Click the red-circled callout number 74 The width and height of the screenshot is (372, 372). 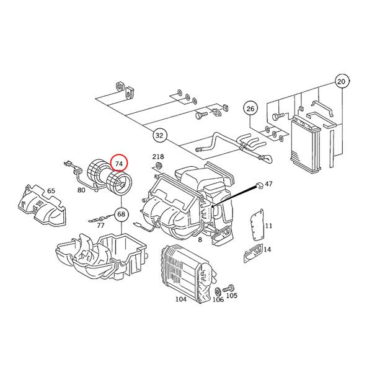(119, 164)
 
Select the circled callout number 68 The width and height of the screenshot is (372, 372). (122, 214)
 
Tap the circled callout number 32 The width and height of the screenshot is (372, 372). (159, 135)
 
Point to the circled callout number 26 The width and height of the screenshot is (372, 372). (250, 109)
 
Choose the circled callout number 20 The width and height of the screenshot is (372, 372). (342, 82)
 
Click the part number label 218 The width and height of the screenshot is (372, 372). (158, 157)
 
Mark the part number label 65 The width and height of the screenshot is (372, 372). (51, 190)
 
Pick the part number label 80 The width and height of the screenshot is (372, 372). (81, 190)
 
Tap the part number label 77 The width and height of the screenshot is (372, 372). (101, 226)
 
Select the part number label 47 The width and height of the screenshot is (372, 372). (268, 184)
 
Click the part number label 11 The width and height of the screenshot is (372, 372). (268, 226)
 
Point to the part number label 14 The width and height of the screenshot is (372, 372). (267, 250)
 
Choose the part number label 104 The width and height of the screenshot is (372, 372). (181, 299)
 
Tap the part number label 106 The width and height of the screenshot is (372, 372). (218, 299)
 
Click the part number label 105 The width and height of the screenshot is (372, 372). (231, 295)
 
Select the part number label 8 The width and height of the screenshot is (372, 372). (200, 240)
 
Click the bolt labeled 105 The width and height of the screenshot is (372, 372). (228, 288)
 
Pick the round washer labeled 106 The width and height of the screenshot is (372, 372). (218, 291)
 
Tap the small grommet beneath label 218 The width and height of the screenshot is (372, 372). (159, 166)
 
